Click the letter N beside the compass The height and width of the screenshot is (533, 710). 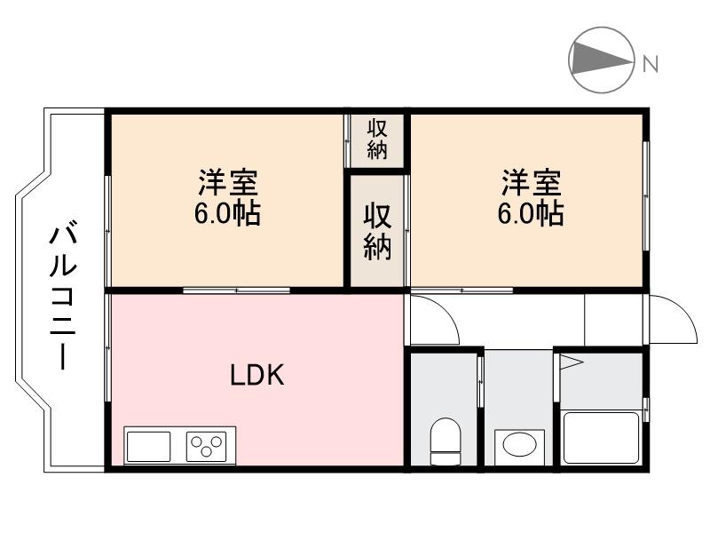[x=651, y=64]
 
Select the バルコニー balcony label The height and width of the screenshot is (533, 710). [x=62, y=298]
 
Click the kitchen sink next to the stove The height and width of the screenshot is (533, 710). [x=148, y=445]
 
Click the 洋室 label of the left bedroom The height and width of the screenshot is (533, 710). [x=228, y=184]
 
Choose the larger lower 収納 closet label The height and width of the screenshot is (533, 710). [x=377, y=233]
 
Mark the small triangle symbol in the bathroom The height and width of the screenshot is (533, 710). [x=568, y=362]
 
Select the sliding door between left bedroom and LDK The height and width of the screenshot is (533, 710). [x=235, y=290]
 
